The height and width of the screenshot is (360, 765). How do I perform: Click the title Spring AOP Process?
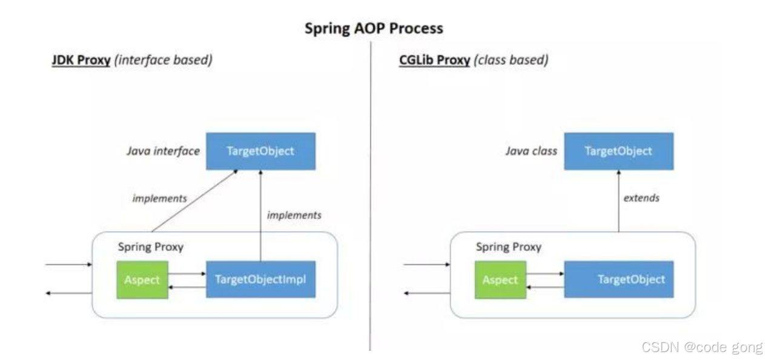coord(374,28)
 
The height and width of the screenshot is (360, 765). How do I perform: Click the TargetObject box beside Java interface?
coord(260,152)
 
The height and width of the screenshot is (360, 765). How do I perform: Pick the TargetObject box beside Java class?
coord(618,152)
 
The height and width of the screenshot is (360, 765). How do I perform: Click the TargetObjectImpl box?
coord(260,279)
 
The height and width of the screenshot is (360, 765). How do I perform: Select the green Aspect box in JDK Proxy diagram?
coord(142,279)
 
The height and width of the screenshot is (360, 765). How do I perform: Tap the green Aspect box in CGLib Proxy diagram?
coord(500,279)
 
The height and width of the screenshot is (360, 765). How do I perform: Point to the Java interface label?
coord(163,152)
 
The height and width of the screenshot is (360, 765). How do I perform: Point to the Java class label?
coord(531,152)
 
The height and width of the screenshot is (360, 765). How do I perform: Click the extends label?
coord(641,198)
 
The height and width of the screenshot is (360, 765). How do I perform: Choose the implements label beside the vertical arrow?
coord(294,215)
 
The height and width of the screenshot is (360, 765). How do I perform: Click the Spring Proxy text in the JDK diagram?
coord(150,247)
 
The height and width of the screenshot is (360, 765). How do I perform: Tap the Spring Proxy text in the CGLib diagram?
coord(509,247)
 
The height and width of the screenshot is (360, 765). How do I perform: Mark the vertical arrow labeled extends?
coord(618,203)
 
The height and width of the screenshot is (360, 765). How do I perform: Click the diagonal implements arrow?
coord(194,201)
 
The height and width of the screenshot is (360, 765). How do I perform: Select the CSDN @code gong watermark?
coord(702,347)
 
